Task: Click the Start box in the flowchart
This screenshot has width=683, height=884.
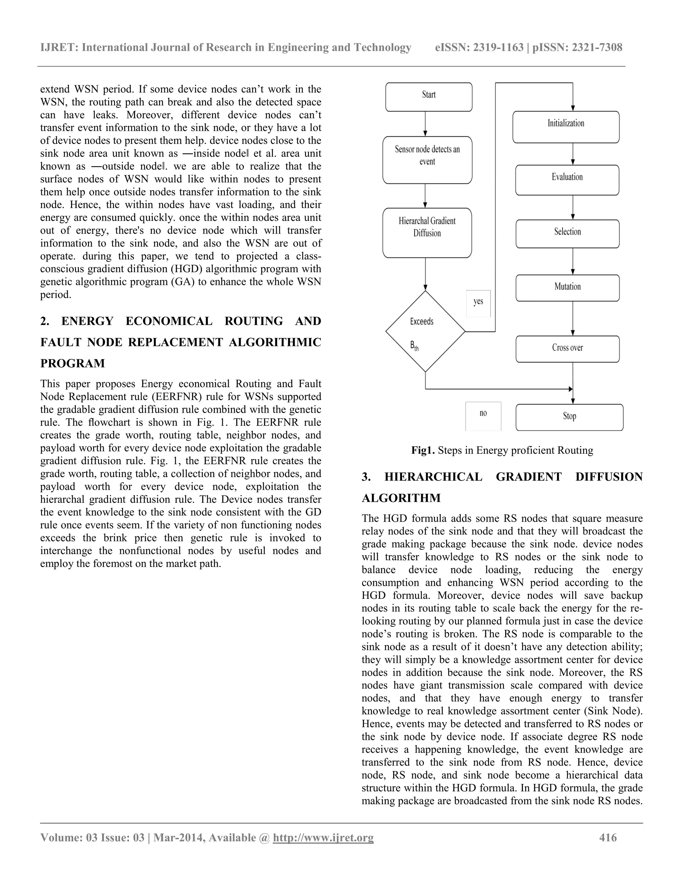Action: pyautogui.click(x=429, y=97)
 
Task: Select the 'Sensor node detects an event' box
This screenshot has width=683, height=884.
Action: pyautogui.click(x=427, y=160)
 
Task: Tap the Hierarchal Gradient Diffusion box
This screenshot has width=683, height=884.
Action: pyautogui.click(x=427, y=233)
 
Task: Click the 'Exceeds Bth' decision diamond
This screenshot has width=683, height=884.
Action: pyautogui.click(x=425, y=331)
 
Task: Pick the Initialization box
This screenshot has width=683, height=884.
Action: pyautogui.click(x=566, y=127)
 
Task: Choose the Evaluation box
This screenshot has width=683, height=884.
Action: pyautogui.click(x=567, y=180)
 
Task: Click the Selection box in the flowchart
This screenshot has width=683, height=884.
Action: pyautogui.click(x=567, y=234)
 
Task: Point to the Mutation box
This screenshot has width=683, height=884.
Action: pyautogui.click(x=567, y=288)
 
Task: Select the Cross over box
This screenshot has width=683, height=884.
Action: pyautogui.click(x=567, y=349)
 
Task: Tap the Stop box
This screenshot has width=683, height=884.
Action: pyautogui.click(x=569, y=417)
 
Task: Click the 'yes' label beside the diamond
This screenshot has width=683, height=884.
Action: pyautogui.click(x=478, y=302)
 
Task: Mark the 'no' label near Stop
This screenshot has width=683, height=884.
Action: pyautogui.click(x=483, y=414)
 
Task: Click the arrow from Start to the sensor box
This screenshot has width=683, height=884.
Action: pyautogui.click(x=425, y=124)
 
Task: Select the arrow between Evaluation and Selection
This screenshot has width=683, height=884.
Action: pyautogui.click(x=573, y=207)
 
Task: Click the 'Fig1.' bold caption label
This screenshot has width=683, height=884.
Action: pyautogui.click(x=423, y=450)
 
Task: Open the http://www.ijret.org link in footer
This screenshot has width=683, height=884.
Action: pyautogui.click(x=323, y=837)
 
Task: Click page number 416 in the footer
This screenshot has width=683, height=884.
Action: pyautogui.click(x=608, y=837)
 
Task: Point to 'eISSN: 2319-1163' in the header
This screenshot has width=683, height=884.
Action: pyautogui.click(x=479, y=48)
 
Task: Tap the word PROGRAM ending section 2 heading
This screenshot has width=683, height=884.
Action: pyautogui.click(x=72, y=364)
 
